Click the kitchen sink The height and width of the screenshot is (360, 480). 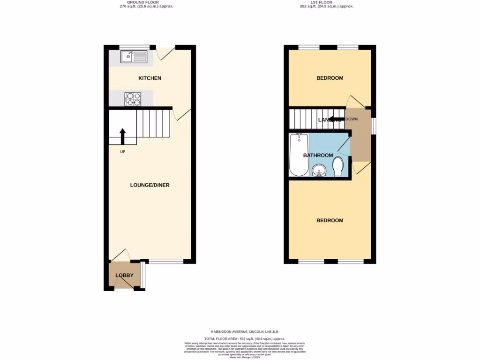(134, 57)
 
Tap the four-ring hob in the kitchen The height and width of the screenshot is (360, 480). (133, 99)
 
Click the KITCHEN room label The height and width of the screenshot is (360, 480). (150, 78)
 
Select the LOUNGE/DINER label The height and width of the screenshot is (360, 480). (150, 185)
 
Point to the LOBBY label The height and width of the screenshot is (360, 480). (125, 276)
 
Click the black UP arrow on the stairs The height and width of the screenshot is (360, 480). (123, 136)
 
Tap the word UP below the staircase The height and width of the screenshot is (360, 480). (123, 151)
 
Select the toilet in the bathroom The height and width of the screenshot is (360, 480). (338, 166)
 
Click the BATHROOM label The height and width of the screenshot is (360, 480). (318, 155)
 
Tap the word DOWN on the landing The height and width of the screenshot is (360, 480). (352, 119)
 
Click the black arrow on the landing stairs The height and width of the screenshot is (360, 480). (336, 119)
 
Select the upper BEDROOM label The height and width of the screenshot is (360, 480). (330, 78)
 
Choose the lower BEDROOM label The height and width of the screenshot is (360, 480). (330, 220)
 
